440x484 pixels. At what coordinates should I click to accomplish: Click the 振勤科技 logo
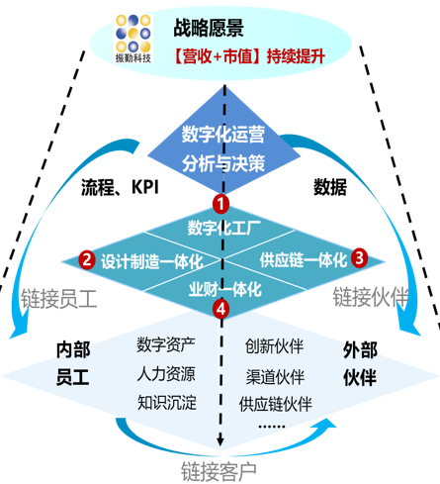pos(133,39)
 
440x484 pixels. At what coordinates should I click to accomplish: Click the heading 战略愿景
pos(209,28)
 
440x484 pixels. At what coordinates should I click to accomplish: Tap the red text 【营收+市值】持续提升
pos(249,56)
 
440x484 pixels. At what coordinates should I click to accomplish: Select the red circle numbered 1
pos(220,204)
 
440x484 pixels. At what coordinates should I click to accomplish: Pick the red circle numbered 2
pos(87,259)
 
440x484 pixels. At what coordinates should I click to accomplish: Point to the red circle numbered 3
pos(360,257)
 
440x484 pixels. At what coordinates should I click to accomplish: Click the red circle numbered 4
pos(220,309)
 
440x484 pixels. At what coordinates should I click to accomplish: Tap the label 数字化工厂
pos(224,228)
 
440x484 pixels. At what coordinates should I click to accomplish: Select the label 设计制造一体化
pos(152,261)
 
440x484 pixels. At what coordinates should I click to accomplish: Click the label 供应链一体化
pos(304,260)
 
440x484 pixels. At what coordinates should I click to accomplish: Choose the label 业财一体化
pos(225,289)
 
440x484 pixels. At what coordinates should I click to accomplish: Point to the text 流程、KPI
pos(120,187)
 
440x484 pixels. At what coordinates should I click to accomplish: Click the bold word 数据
pos(330,187)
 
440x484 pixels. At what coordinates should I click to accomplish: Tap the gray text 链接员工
pos(59,299)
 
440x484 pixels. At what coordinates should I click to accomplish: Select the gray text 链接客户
pos(219,472)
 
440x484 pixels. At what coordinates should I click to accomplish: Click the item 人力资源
pos(166,374)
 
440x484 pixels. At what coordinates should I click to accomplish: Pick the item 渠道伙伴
pos(275,376)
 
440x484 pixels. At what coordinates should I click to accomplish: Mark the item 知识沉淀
pos(167,403)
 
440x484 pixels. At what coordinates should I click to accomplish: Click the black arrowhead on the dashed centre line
pos(220,441)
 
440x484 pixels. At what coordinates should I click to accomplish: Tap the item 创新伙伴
pos(274,346)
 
